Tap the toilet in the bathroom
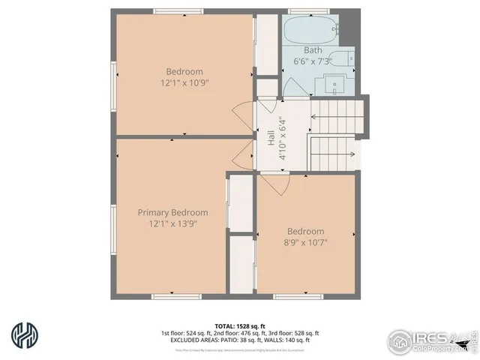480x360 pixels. [x=345, y=60]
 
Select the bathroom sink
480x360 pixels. [x=341, y=83]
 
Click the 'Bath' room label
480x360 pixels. [x=292, y=50]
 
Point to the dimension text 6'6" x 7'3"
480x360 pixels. [x=307, y=61]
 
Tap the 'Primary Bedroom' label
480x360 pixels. [x=172, y=212]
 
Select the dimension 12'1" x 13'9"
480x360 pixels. [x=172, y=224]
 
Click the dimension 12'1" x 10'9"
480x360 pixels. [x=184, y=83]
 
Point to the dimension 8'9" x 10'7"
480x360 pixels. [x=305, y=243]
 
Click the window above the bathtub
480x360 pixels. [x=308, y=12]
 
